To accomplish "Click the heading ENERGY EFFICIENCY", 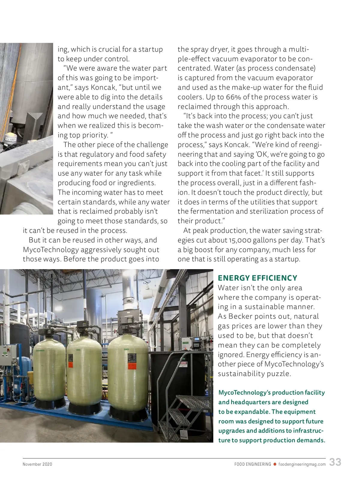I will pos(257,278).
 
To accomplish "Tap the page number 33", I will pos(335,462).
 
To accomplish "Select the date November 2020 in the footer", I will pos(37,464).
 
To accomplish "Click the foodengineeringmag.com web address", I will pos(302,464).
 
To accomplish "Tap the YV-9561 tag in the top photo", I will pos(11,139).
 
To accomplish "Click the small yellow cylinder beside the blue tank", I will pos(30,377).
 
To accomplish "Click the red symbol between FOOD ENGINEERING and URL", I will pos(274,464).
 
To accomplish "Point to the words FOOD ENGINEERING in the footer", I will pos(253,464).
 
